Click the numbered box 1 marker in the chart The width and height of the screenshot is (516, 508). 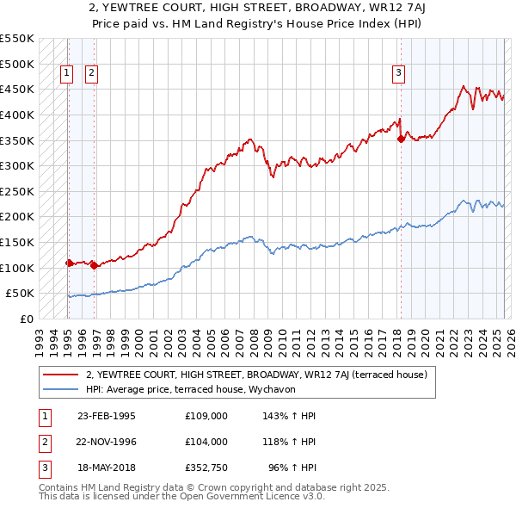(66, 74)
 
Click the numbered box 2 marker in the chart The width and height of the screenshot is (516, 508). (91, 74)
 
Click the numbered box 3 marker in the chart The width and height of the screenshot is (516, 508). (399, 74)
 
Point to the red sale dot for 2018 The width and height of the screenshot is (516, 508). (401, 138)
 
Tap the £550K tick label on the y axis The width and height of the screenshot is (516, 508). (17, 39)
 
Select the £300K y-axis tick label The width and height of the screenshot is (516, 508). (17, 165)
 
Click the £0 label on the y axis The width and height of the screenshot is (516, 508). (27, 319)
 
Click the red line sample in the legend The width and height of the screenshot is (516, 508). (60, 374)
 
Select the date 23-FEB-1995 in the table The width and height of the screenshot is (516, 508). (107, 416)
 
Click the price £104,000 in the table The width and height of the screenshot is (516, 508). (206, 442)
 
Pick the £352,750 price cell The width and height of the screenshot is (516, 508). (206, 468)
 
